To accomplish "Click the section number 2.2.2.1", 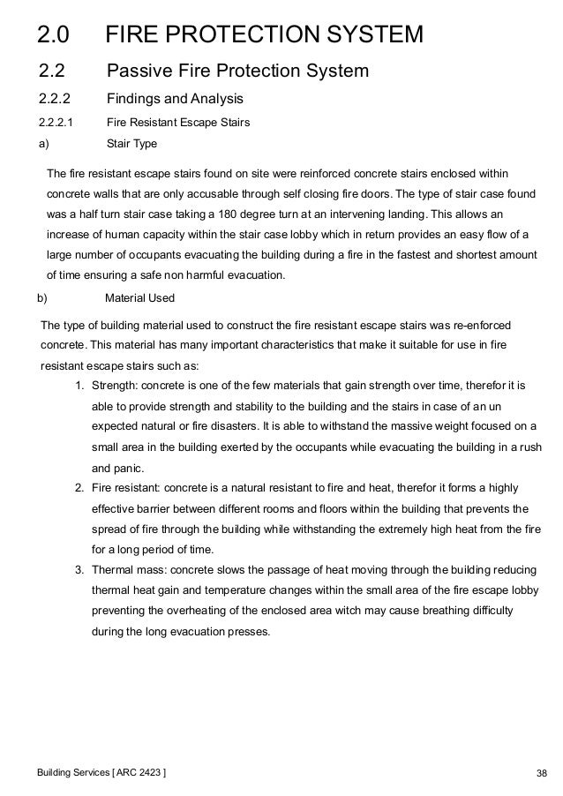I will [56, 123].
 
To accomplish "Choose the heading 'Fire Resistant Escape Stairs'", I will [177, 123].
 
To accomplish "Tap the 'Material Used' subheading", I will [139, 297].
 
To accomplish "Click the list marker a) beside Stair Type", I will [43, 141].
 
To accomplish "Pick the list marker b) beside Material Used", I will [40, 297].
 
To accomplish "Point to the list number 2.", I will [79, 487].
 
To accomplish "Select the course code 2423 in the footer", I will [152, 774].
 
